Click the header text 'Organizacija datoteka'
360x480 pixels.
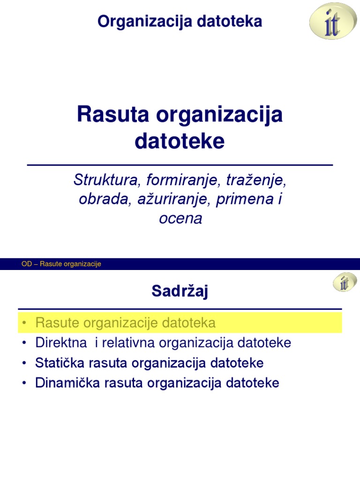coord(180,22)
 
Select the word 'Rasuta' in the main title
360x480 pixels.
coord(109,115)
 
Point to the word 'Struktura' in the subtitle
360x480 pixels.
coord(107,180)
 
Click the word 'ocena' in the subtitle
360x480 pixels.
coord(180,218)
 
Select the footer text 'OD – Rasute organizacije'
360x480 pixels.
coord(61,264)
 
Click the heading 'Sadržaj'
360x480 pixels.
coord(180,291)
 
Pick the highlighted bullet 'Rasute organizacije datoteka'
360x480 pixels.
coord(126,323)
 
